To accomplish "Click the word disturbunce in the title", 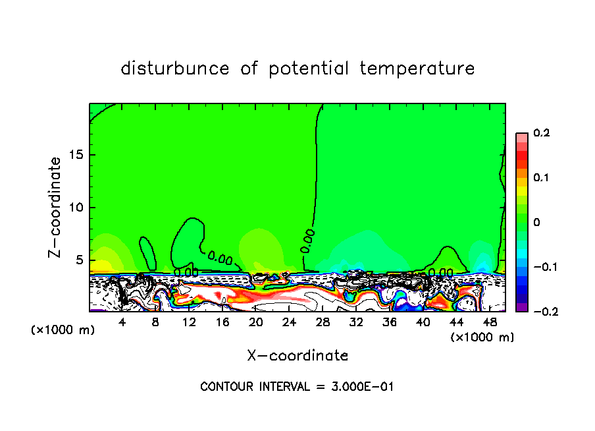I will pyautogui.click(x=175, y=69).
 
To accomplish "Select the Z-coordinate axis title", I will pyautogui.click(x=55, y=207).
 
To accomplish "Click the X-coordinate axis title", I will pyautogui.click(x=297, y=356).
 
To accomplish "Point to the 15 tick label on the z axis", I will pyautogui.click(x=74, y=155).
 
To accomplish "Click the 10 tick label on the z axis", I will pyautogui.click(x=74, y=208).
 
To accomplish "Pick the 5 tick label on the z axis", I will pyautogui.click(x=78, y=260).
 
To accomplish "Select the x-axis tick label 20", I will pyautogui.click(x=256, y=322).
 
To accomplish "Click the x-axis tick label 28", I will pyautogui.click(x=323, y=322).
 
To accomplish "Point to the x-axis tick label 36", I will pyautogui.click(x=390, y=322).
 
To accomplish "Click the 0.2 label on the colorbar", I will pyautogui.click(x=541, y=133).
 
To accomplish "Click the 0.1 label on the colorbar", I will pyautogui.click(x=541, y=177).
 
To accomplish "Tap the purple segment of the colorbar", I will pyautogui.click(x=522, y=307).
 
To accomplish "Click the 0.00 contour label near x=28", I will pyautogui.click(x=308, y=241).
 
